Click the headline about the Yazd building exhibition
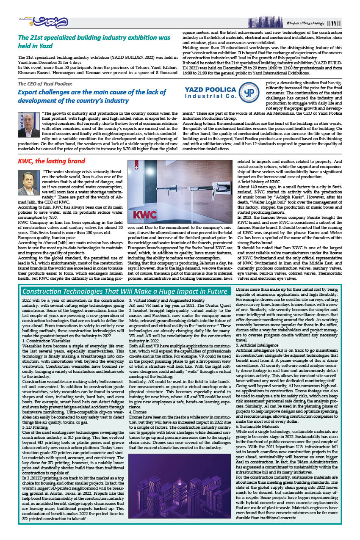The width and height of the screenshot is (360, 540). [94, 41]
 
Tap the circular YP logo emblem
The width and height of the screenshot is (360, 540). [249, 94]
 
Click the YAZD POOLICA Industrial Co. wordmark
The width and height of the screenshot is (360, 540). [210, 94]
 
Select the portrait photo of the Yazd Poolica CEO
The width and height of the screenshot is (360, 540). [29, 125]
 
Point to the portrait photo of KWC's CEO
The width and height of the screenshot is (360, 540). [29, 182]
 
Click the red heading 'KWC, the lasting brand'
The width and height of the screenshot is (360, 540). [51, 161]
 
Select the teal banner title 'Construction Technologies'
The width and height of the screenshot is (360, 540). [124, 291]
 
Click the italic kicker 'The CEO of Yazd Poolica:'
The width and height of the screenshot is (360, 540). [45, 84]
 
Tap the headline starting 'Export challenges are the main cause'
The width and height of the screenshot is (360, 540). [92, 96]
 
